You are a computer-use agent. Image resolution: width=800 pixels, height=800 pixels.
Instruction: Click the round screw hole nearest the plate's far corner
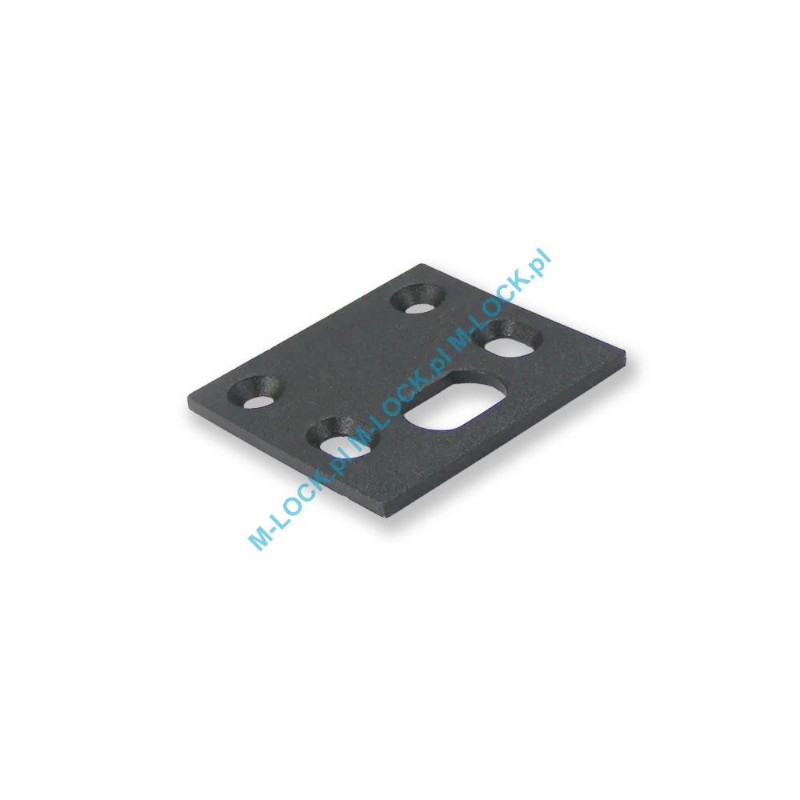pyautogui.click(x=418, y=298)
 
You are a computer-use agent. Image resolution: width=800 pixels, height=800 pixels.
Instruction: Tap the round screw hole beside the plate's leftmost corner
pyautogui.click(x=255, y=393)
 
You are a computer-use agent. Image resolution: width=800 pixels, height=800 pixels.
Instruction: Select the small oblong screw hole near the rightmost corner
pyautogui.click(x=508, y=338)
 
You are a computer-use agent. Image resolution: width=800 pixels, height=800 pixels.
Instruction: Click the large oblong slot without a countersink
pyautogui.click(x=455, y=400)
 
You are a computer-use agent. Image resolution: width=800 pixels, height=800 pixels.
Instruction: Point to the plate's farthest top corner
pyautogui.click(x=422, y=264)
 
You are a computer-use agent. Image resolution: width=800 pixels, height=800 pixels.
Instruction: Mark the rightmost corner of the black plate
pyautogui.click(x=626, y=352)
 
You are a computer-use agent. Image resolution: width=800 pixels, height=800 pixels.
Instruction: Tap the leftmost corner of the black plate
pyautogui.click(x=188, y=398)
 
